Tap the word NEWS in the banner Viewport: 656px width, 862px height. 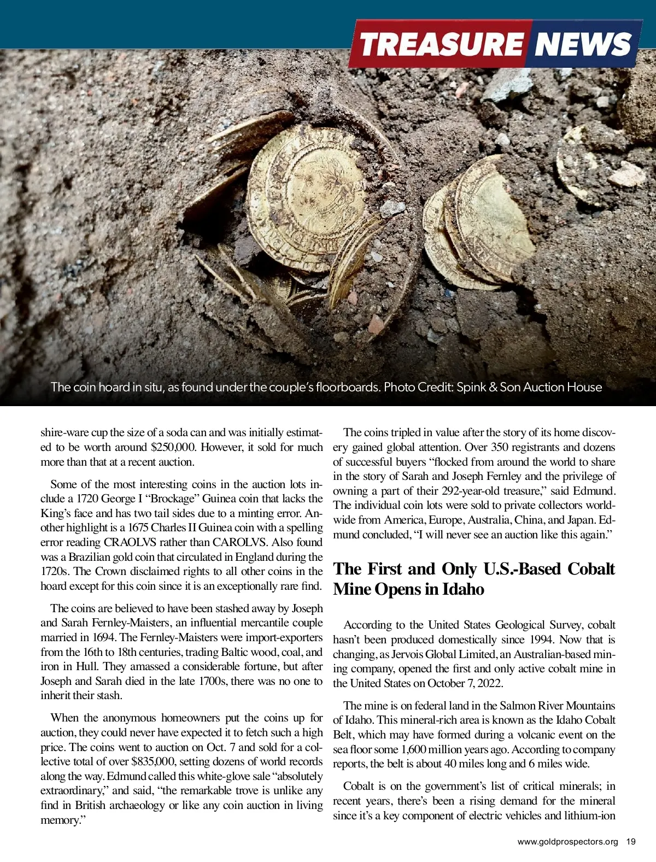pyautogui.click(x=582, y=44)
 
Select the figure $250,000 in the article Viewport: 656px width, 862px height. pyautogui.click(x=172, y=447)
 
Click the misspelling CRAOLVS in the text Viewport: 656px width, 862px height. pyautogui.click(x=130, y=542)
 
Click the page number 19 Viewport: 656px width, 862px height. pyautogui.click(x=631, y=842)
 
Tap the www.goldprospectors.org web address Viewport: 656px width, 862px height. pyautogui.click(x=567, y=842)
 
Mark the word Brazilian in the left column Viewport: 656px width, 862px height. pyautogui.click(x=90, y=557)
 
